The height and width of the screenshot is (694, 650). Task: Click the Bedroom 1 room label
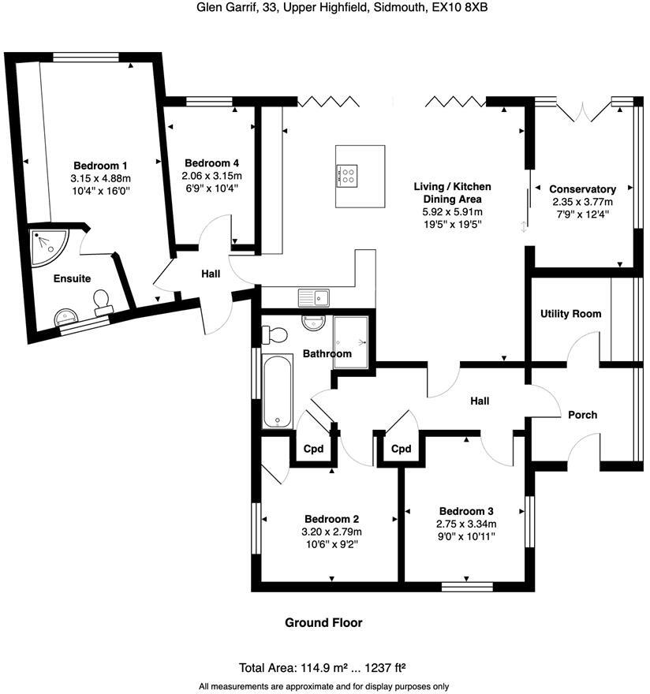[x=100, y=166]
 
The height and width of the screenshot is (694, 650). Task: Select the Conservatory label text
[x=582, y=189]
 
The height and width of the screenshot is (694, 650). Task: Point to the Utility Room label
[x=570, y=314]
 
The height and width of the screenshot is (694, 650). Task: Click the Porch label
[x=582, y=415]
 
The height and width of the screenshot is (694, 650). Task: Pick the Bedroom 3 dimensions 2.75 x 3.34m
[x=467, y=523]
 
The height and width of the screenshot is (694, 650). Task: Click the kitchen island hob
[x=349, y=174]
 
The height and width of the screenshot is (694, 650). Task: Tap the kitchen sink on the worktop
[x=314, y=297]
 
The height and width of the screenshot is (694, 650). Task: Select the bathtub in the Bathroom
[x=278, y=390]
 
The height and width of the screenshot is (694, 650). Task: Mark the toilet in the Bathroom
[x=274, y=334]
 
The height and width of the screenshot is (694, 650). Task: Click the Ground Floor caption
[x=323, y=623]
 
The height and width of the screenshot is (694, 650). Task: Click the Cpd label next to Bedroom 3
[x=402, y=449]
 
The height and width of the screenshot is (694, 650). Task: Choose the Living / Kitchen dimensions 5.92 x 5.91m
[x=453, y=212]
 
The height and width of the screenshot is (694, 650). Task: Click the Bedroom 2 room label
[x=332, y=519]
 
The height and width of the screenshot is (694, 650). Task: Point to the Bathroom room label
[x=330, y=354]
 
